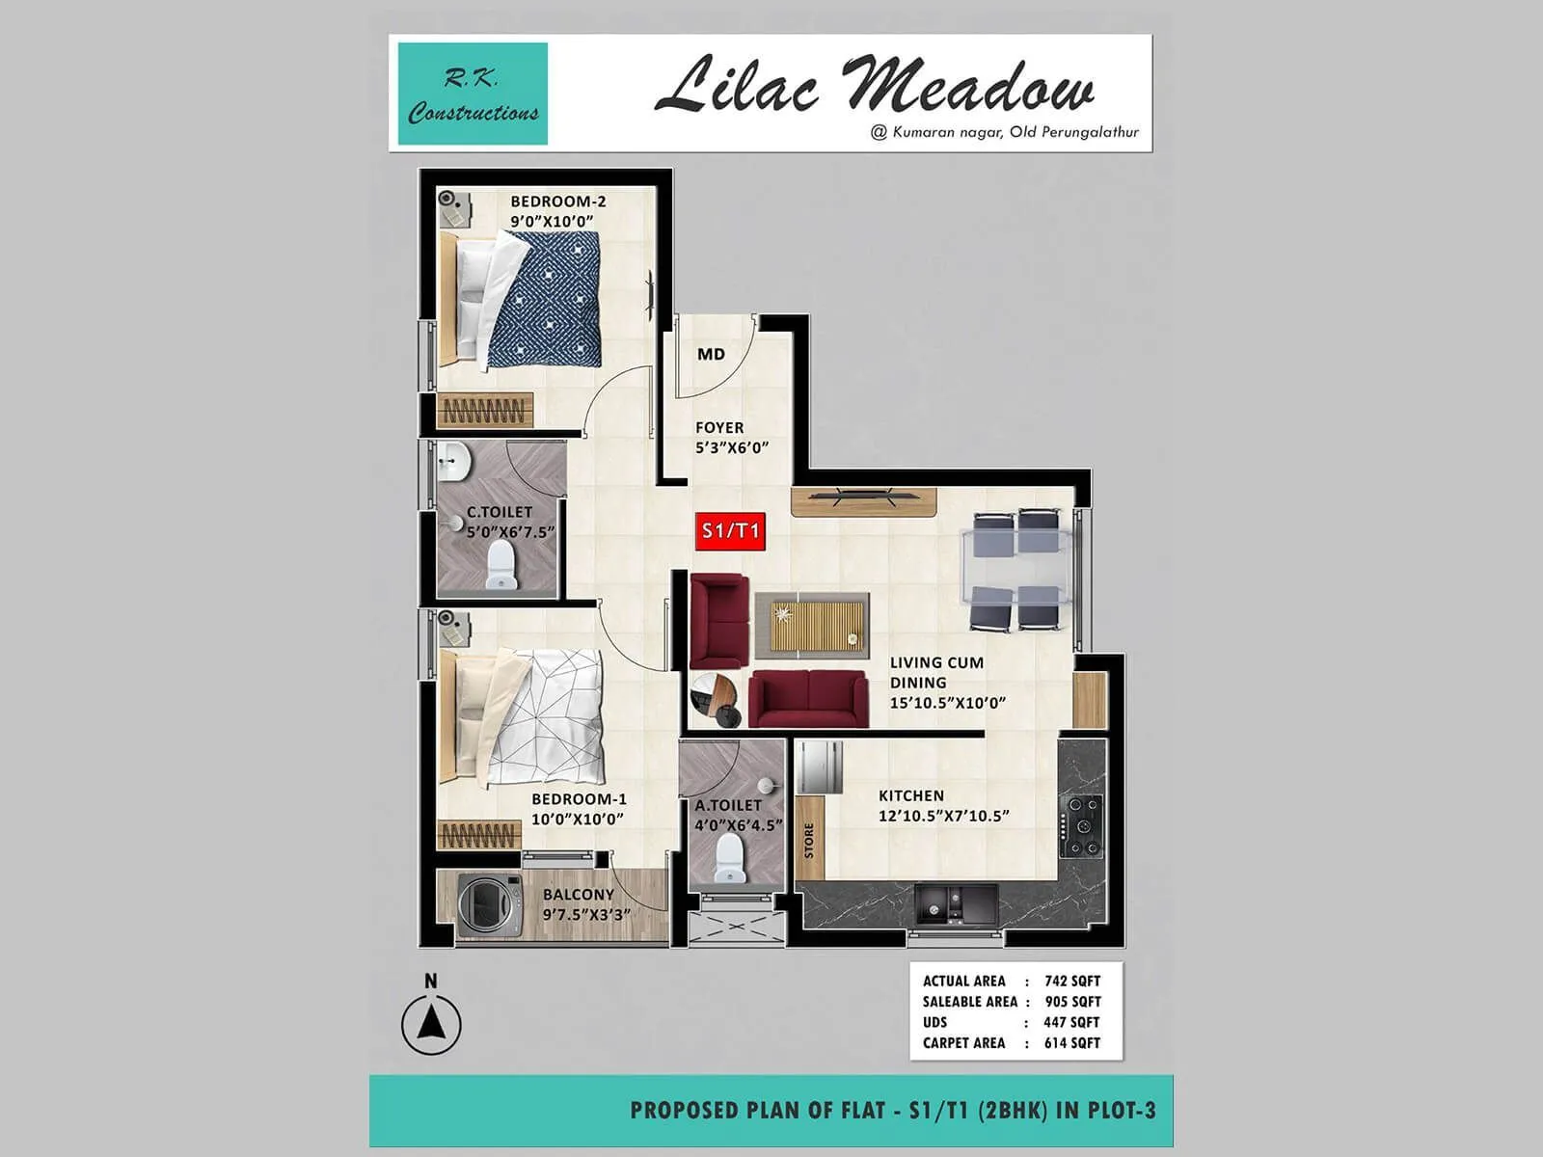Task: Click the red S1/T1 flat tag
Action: pyautogui.click(x=730, y=530)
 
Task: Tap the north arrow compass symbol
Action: pyautogui.click(x=431, y=1023)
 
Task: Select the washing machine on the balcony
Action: pyautogui.click(x=489, y=906)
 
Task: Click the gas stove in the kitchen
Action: pyautogui.click(x=1081, y=825)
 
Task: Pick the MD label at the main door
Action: pyautogui.click(x=711, y=354)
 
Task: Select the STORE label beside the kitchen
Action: pyautogui.click(x=809, y=840)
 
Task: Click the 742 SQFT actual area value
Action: pyautogui.click(x=1071, y=981)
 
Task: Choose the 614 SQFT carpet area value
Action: pyautogui.click(x=1071, y=1042)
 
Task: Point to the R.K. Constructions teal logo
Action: pyautogui.click(x=473, y=94)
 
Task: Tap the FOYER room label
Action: pyautogui.click(x=719, y=427)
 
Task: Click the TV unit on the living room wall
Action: pyautogui.click(x=863, y=501)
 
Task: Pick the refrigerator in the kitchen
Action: pyautogui.click(x=818, y=767)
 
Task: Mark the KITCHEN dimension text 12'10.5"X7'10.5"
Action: pyautogui.click(x=943, y=816)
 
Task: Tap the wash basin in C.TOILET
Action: pyautogui.click(x=451, y=464)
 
